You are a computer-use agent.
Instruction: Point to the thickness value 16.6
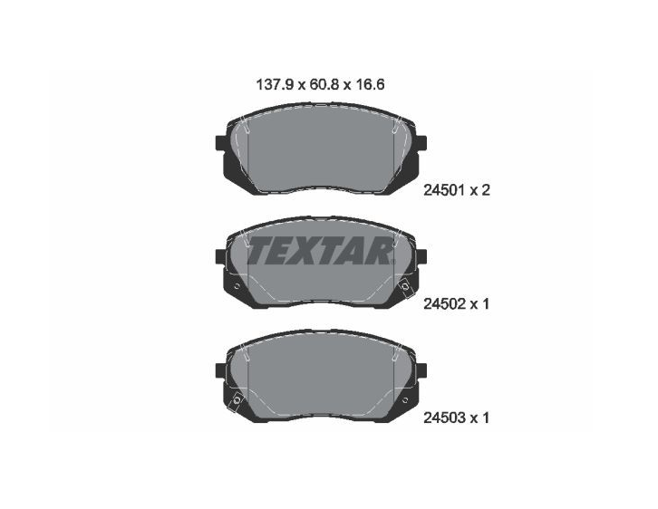(x=370, y=85)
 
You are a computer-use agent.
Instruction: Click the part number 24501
(x=444, y=191)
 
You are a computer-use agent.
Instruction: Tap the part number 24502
(x=444, y=304)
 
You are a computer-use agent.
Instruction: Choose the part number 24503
(x=444, y=418)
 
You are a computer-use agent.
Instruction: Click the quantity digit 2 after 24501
(x=485, y=191)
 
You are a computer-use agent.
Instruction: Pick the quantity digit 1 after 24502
(x=485, y=304)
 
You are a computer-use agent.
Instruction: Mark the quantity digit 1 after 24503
(x=485, y=418)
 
